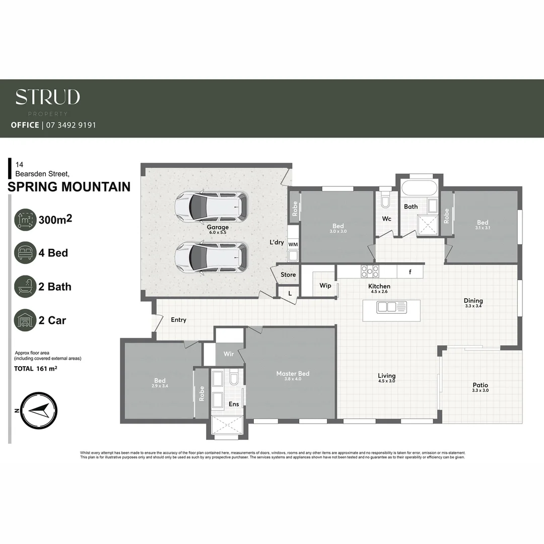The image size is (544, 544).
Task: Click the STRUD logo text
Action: coord(48,97)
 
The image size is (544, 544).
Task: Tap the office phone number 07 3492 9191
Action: coord(71,125)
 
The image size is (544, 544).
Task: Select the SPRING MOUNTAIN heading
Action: coord(70,187)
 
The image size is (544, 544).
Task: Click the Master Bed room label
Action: coord(293,374)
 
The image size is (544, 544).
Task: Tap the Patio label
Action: coord(480,385)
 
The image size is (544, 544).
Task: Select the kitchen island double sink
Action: coord(391,307)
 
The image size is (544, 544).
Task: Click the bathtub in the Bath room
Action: coord(419,189)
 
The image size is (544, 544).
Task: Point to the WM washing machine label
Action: coord(293,244)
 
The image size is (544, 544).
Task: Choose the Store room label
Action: coord(288,275)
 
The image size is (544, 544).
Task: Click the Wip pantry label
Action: coord(325,286)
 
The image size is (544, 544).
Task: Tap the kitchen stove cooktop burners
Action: coord(370,271)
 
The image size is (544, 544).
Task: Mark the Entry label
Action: coord(178,320)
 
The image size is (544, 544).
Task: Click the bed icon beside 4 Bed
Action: coord(25,253)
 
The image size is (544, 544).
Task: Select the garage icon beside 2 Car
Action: coord(25,320)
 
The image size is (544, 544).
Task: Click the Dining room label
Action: coord(473,301)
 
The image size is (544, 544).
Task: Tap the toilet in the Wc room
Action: coord(386,201)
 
